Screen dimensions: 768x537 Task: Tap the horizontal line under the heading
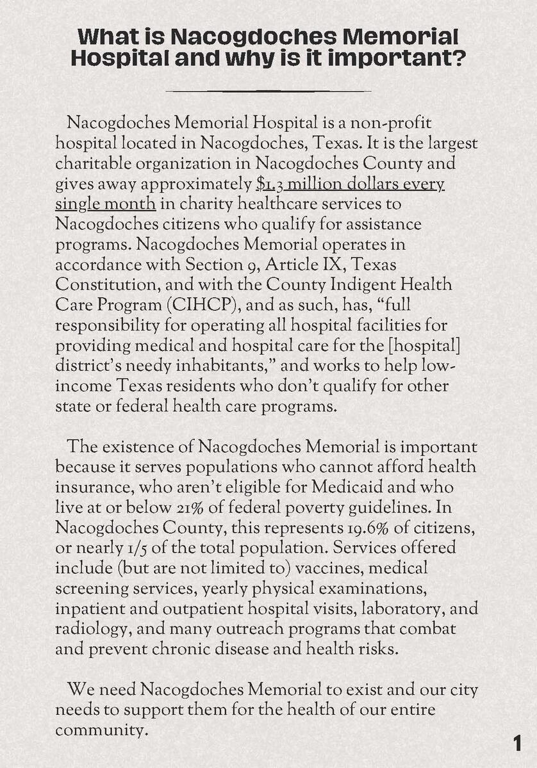point(268,91)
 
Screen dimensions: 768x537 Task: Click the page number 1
point(517,744)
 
